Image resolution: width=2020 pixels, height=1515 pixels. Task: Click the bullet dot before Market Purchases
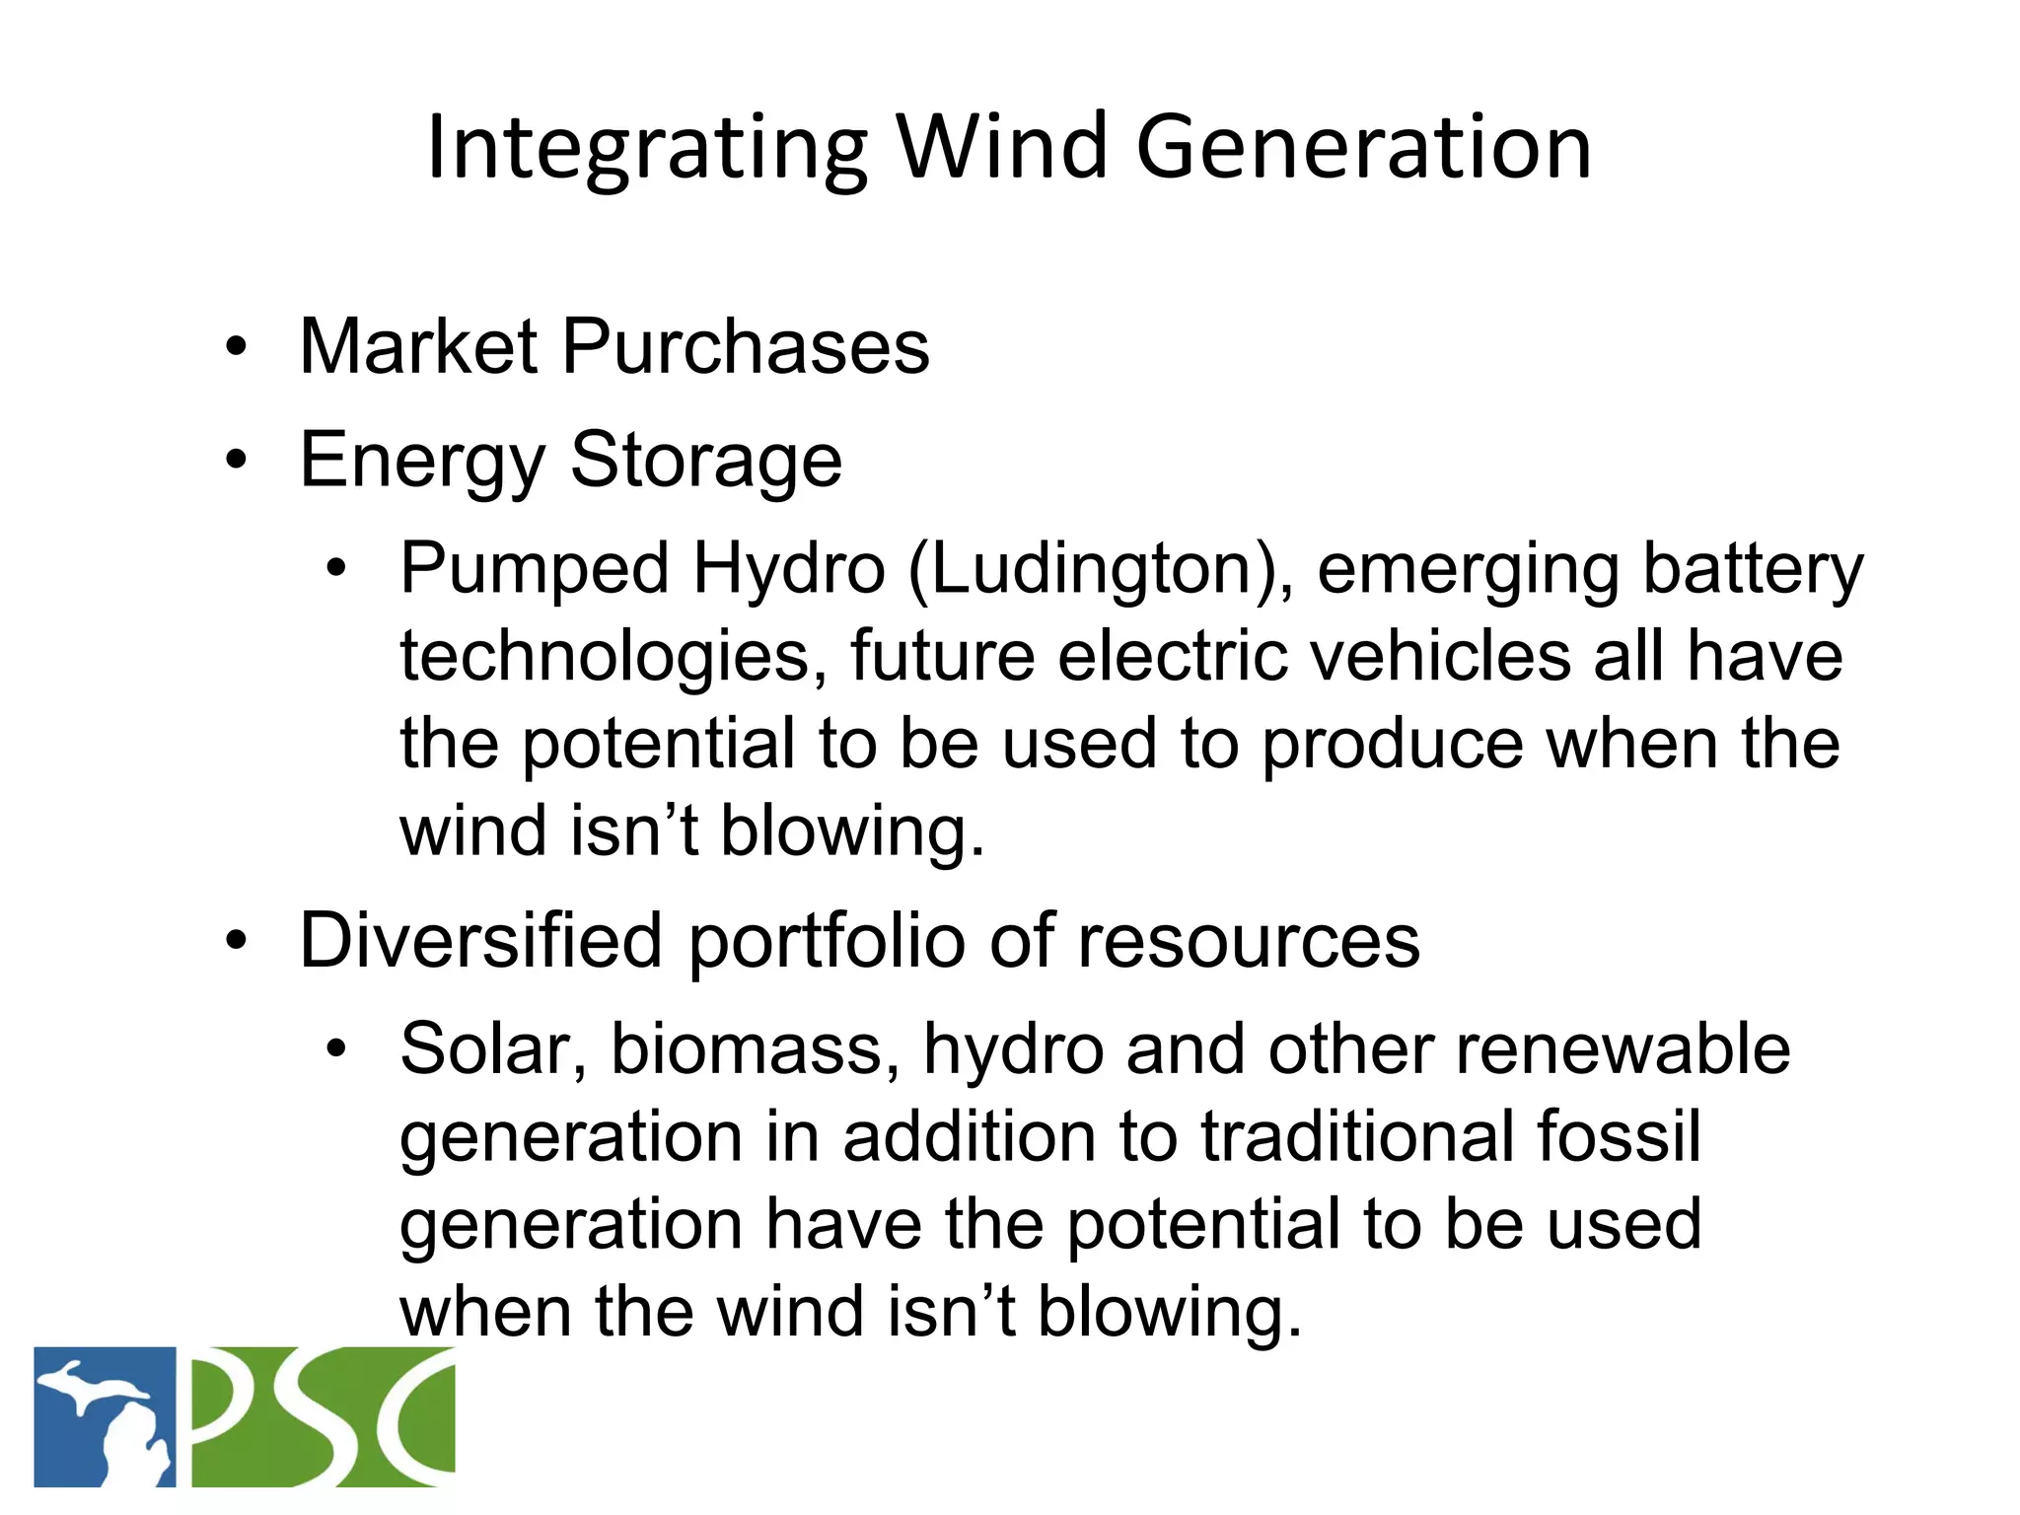click(235, 347)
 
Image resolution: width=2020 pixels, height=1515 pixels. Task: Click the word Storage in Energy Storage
click(705, 460)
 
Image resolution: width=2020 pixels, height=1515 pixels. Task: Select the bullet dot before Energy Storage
click(235, 460)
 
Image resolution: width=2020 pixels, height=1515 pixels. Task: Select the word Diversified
click(480, 940)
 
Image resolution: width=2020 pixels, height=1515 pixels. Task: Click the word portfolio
click(827, 940)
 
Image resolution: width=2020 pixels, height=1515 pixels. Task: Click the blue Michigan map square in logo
click(105, 1416)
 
